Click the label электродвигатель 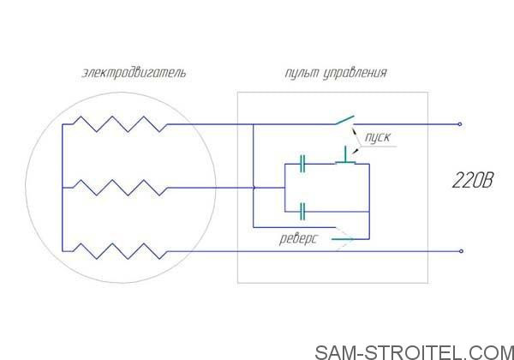click(x=134, y=73)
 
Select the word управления click(x=356, y=73)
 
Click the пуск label click(x=378, y=137)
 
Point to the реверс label click(x=298, y=238)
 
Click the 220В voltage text click(x=472, y=180)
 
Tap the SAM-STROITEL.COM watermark click(x=415, y=352)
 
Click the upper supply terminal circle click(x=459, y=124)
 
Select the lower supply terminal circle click(x=461, y=251)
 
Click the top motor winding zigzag click(x=120, y=124)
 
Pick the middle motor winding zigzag click(x=120, y=188)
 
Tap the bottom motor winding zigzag click(x=120, y=251)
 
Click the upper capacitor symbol click(x=302, y=164)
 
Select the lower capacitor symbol click(x=302, y=212)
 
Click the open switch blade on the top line click(x=344, y=120)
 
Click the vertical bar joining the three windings click(x=62, y=188)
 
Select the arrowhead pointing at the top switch click(x=353, y=130)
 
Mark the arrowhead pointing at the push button click(x=355, y=151)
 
